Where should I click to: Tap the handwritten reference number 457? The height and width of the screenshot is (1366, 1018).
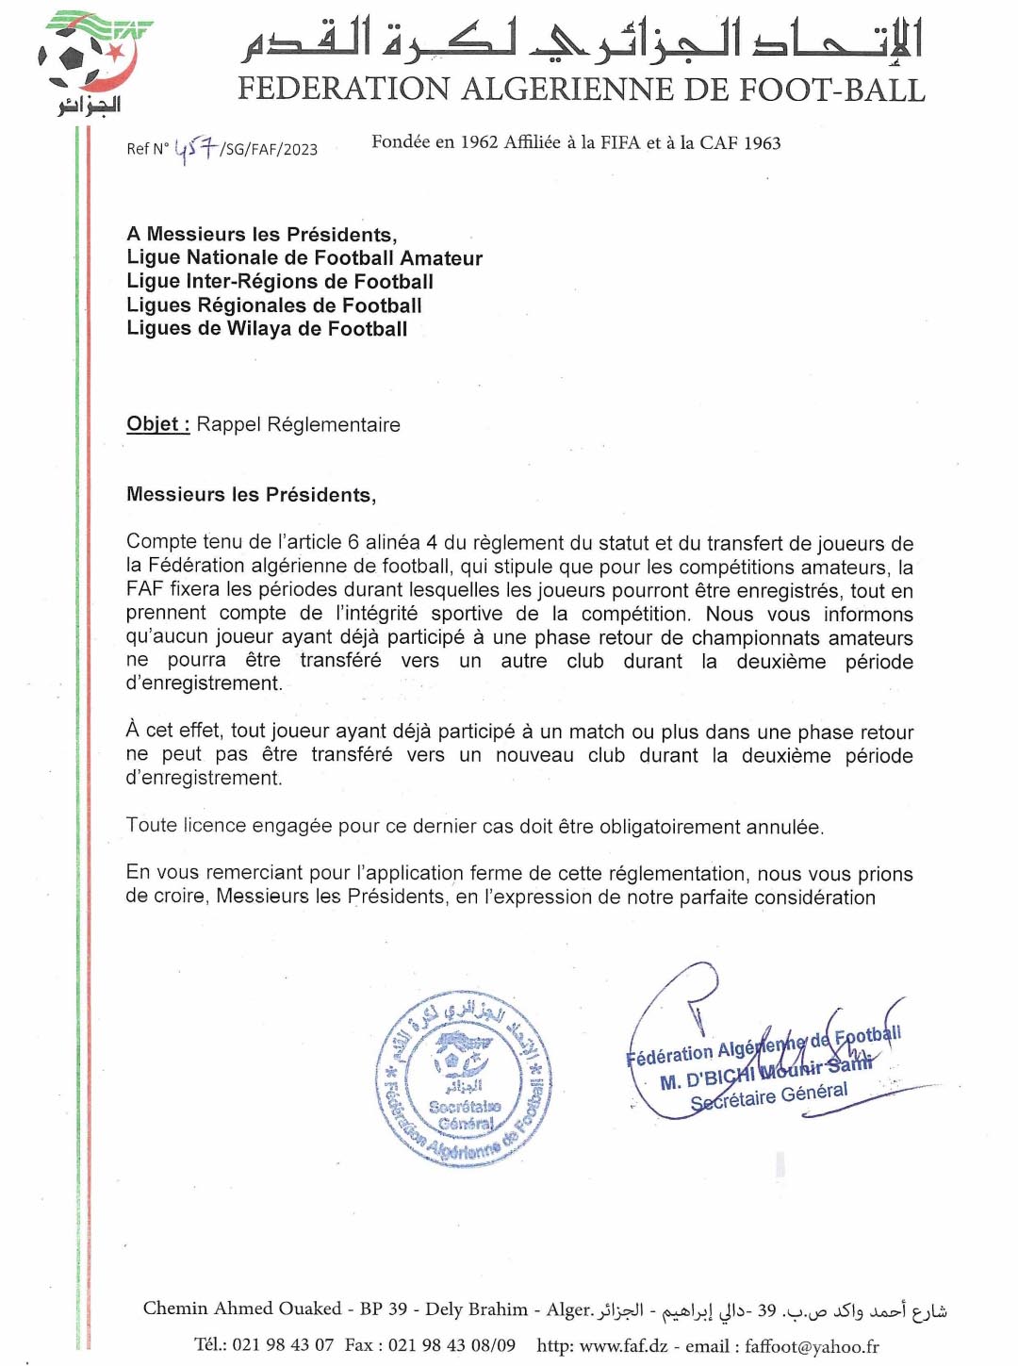(195, 148)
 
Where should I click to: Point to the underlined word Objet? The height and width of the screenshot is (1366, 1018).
(157, 424)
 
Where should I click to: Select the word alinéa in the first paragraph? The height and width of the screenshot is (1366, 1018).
(392, 543)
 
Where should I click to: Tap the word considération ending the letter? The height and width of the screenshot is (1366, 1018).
(817, 897)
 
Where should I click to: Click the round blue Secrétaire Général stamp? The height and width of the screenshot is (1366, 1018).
(464, 1079)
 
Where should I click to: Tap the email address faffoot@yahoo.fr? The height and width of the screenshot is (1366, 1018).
(812, 1345)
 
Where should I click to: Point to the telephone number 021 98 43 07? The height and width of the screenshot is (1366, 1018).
(283, 1345)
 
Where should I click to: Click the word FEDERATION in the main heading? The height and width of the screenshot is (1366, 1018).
(344, 90)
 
